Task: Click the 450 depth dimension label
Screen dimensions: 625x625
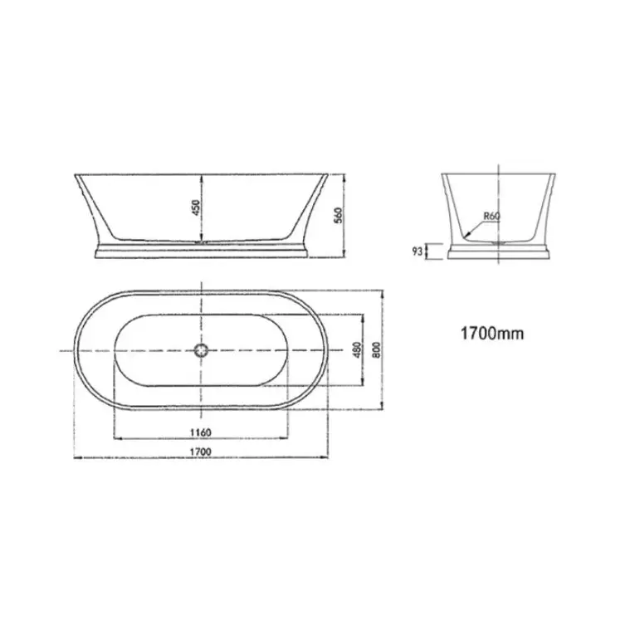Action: click(196, 208)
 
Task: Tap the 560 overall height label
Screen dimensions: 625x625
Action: click(339, 215)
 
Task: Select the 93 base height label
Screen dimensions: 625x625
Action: click(417, 251)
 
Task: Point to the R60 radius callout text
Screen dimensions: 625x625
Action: click(492, 217)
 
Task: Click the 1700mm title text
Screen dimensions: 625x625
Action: click(492, 333)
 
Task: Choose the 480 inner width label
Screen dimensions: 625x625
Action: click(358, 349)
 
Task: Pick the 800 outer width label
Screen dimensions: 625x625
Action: click(377, 349)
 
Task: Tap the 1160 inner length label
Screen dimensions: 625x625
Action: click(201, 432)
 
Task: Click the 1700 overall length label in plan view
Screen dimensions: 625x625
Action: click(201, 452)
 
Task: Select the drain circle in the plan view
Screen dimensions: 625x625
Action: click(202, 350)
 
